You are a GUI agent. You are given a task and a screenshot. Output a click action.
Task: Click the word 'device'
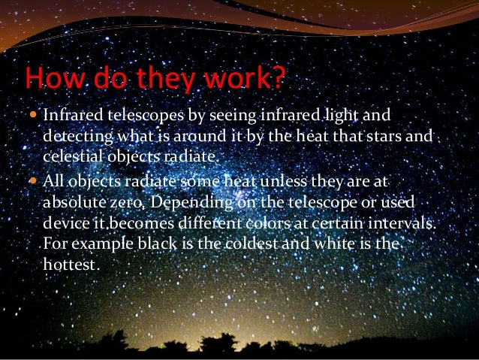[x=64, y=225]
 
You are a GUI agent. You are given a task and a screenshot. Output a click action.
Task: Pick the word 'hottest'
[x=70, y=265]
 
